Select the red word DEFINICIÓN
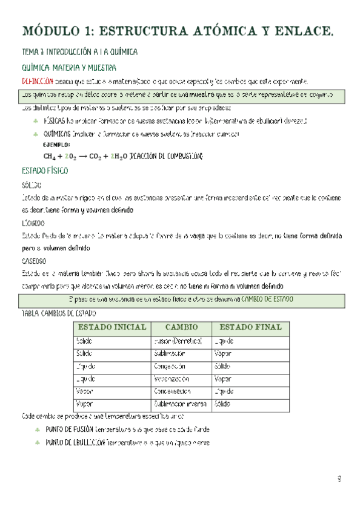(37, 81)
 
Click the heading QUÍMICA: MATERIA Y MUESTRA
(68, 68)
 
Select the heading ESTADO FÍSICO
(45, 171)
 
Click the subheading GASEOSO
(34, 261)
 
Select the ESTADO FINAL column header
(250, 327)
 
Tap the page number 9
(339, 480)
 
